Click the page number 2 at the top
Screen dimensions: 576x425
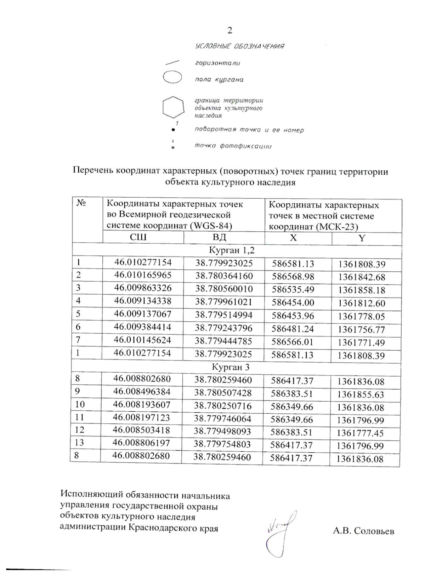coord(229,30)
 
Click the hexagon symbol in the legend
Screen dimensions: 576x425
coord(173,107)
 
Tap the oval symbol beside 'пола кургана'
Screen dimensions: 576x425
coord(172,77)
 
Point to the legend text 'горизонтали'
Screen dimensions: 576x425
coord(217,63)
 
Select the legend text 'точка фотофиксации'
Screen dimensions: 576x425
coord(233,146)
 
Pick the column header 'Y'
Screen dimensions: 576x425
coord(362,238)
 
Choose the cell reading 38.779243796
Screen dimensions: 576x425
coord(224,328)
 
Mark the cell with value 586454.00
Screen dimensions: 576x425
coord(293,303)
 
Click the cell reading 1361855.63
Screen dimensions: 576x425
coord(361,394)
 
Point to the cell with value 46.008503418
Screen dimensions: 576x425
coord(142,430)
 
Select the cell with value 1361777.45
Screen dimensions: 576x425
coord(360,433)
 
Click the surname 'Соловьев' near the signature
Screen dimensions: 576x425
coord(374,531)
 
